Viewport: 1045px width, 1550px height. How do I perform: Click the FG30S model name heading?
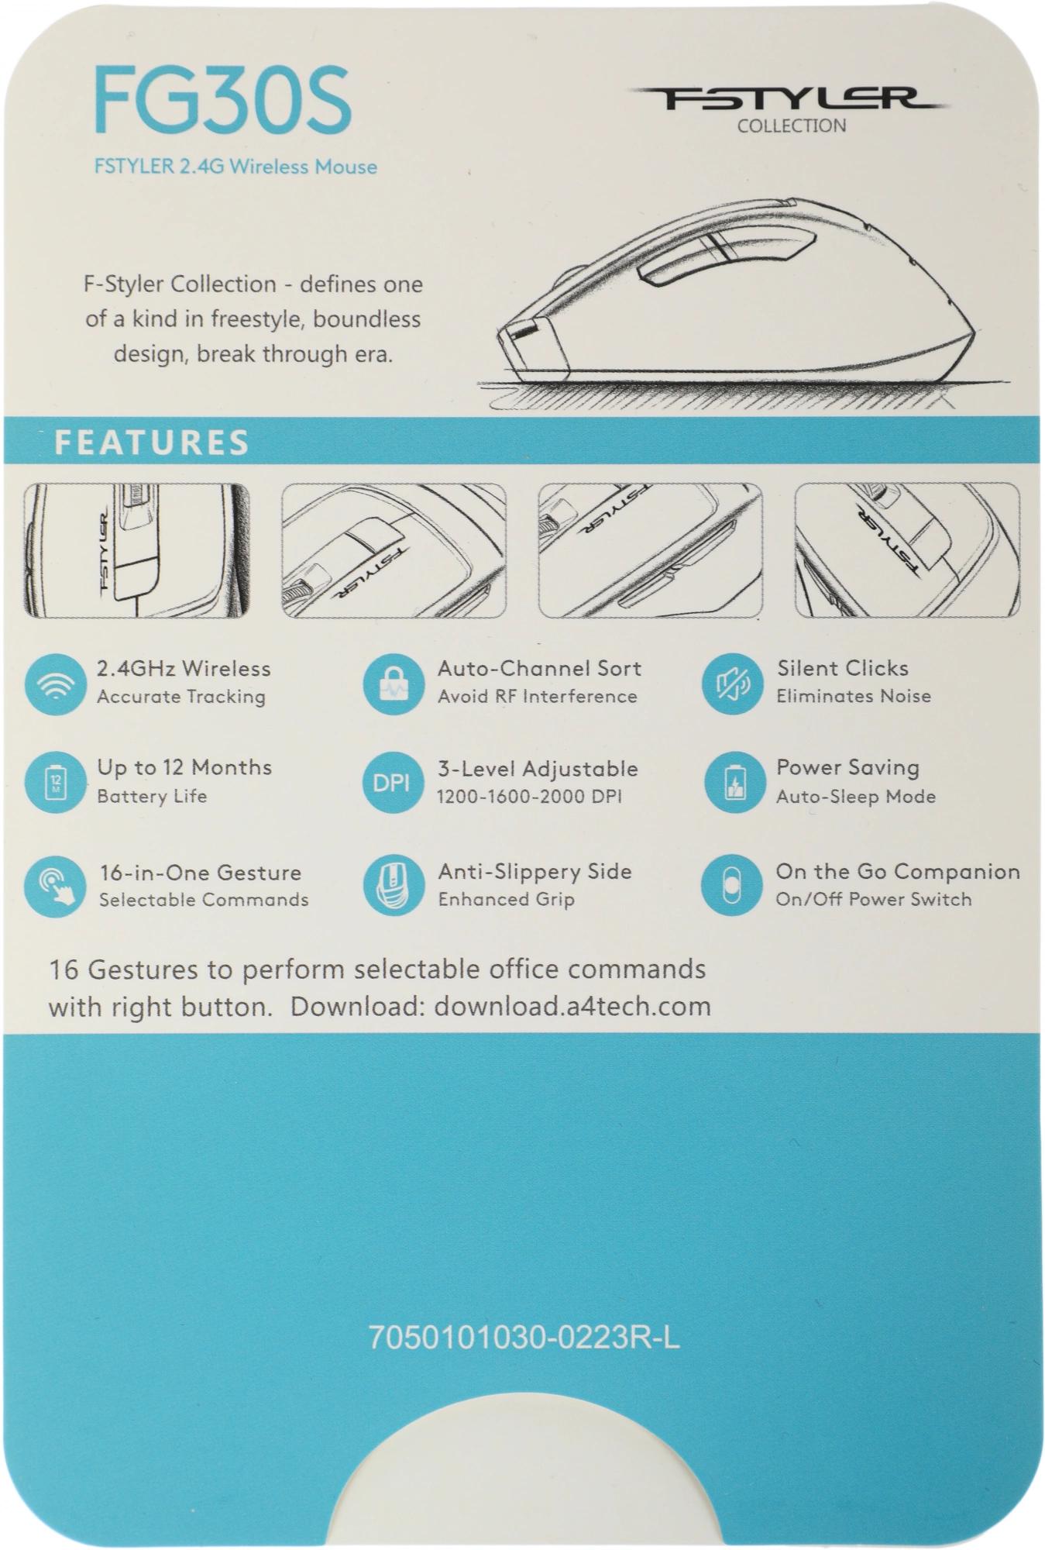(223, 101)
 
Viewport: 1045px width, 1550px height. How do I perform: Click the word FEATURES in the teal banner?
(152, 443)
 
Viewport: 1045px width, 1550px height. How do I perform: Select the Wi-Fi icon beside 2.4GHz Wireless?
(54, 684)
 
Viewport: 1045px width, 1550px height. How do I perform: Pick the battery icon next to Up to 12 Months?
(54, 783)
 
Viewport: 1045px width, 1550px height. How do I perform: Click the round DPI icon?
(393, 783)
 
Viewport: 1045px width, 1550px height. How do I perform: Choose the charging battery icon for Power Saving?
(732, 783)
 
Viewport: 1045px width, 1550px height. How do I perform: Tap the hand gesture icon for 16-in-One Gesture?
(54, 886)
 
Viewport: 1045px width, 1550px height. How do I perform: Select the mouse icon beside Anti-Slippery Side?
(393, 886)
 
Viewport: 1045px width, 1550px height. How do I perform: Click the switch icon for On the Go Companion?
(732, 886)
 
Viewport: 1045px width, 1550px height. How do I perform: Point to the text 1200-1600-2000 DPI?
(529, 797)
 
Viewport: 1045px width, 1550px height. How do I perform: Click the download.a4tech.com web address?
(572, 1006)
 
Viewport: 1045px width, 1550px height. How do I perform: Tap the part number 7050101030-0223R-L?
(524, 1338)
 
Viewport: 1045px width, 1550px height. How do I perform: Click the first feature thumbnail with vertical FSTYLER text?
(136, 550)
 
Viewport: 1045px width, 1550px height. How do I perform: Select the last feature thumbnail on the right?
(907, 550)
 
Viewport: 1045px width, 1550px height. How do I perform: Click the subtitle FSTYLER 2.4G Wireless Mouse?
(235, 167)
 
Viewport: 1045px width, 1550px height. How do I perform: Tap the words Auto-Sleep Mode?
(856, 797)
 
